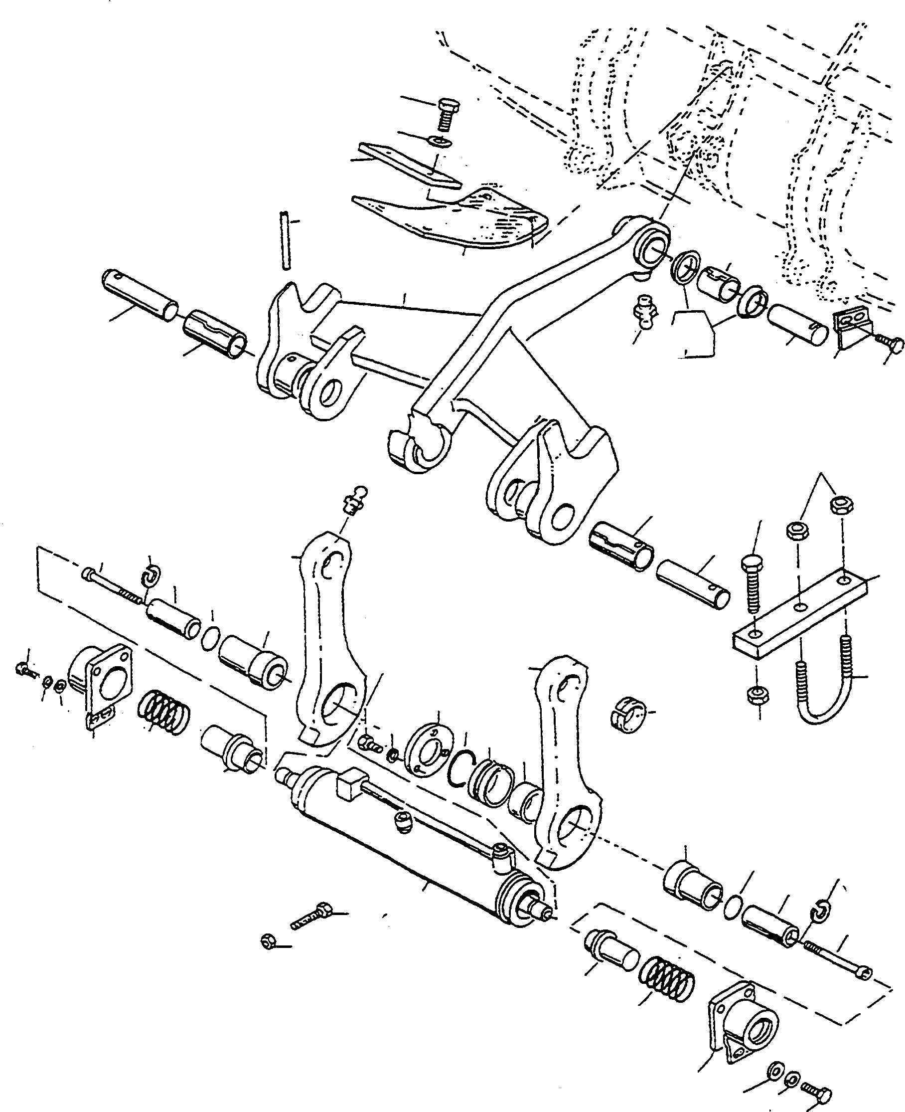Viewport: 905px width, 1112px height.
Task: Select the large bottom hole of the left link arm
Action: pyautogui.click(x=339, y=704)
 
